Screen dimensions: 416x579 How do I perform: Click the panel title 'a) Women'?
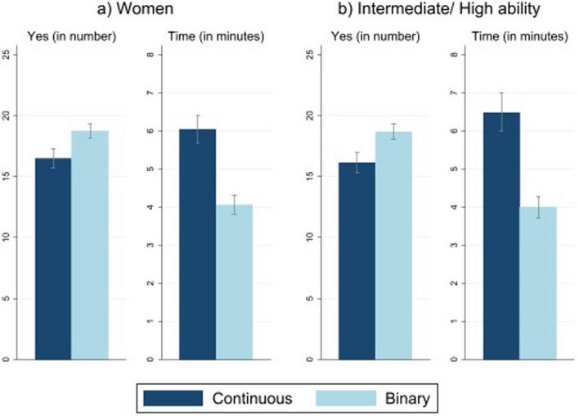click(x=141, y=11)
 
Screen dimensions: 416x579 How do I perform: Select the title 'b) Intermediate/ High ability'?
click(x=433, y=11)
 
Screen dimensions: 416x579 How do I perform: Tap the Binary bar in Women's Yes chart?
click(x=89, y=245)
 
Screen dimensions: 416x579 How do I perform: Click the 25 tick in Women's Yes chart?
click(x=7, y=55)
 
